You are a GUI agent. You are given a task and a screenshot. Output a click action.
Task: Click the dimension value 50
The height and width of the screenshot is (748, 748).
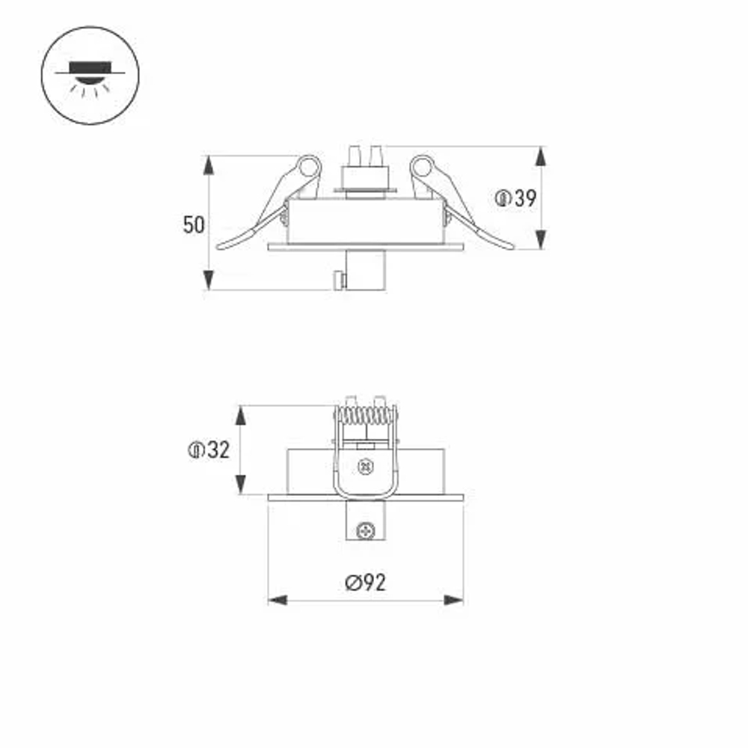194,224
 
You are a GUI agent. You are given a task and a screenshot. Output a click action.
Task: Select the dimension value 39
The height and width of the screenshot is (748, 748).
526,199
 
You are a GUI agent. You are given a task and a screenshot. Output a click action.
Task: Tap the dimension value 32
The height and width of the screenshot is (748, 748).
218,450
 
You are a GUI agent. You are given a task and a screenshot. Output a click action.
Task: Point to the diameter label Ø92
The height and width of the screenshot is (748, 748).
367,583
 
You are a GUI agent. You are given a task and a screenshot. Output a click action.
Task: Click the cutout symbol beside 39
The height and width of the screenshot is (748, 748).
503,199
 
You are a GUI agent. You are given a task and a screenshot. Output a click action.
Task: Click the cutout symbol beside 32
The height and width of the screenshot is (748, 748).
196,450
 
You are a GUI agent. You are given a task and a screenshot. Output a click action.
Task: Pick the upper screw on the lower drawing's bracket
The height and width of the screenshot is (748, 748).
366,466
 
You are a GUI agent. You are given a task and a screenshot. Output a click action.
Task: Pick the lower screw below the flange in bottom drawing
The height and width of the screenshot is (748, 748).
366,530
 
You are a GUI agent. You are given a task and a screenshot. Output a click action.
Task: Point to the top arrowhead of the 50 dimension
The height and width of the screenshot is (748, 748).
209,164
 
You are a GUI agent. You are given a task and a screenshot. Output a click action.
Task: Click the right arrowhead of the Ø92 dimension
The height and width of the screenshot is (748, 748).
454,600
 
